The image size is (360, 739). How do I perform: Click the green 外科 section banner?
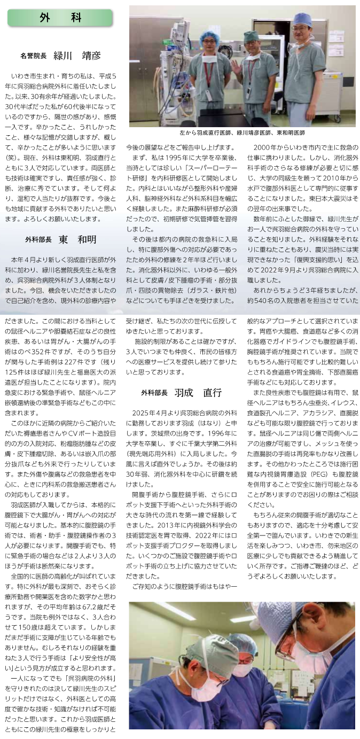tap(60, 18)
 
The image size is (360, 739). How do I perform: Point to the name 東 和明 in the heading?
tap(77, 239)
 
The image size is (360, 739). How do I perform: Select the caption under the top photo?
tap(242, 133)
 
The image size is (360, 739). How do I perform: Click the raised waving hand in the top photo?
tap(236, 66)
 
